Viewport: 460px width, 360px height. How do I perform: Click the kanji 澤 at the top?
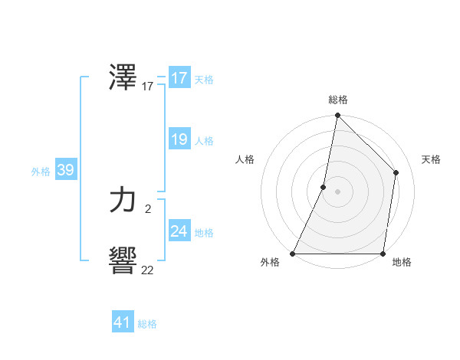(x=123, y=77)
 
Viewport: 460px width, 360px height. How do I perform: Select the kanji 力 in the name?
(x=123, y=201)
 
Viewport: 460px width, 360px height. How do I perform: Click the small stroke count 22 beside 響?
(x=147, y=270)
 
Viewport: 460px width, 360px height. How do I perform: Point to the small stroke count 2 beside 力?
(x=147, y=208)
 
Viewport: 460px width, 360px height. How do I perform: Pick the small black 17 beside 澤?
(x=147, y=87)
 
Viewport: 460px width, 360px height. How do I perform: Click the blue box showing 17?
(x=179, y=78)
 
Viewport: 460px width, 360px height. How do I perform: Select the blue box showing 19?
(x=179, y=139)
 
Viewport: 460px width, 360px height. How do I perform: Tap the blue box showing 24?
(x=179, y=231)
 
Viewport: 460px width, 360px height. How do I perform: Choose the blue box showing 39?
(x=66, y=170)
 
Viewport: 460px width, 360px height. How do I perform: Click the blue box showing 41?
(x=123, y=322)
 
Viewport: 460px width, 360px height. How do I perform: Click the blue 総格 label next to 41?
(x=147, y=324)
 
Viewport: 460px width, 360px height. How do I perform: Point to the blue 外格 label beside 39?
(x=41, y=172)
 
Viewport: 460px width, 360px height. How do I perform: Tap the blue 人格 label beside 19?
(x=205, y=141)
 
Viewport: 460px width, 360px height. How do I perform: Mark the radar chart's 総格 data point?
(x=337, y=116)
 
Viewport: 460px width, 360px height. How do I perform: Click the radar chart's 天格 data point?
(x=396, y=172)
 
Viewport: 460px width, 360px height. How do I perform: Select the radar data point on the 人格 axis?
(x=324, y=187)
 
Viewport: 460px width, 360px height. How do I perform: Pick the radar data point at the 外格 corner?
(x=294, y=253)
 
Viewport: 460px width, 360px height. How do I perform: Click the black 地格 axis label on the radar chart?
(x=402, y=263)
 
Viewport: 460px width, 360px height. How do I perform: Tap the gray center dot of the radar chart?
(x=337, y=191)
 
